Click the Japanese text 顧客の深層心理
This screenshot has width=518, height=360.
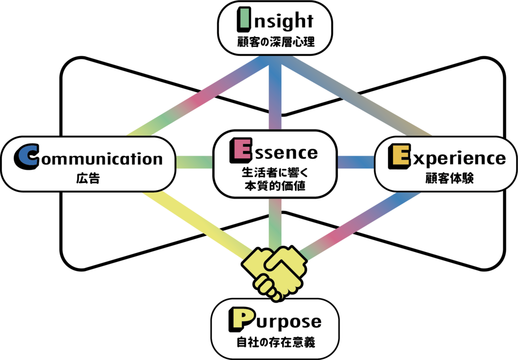[x=276, y=42]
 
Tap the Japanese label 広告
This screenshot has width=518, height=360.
[x=88, y=178]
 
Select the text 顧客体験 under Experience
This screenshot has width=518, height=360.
[x=449, y=178]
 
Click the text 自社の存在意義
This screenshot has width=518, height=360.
[x=276, y=342]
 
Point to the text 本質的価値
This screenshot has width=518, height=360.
[x=275, y=186]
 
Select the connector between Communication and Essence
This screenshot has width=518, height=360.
[x=194, y=162]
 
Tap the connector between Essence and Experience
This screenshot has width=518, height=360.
[x=356, y=162]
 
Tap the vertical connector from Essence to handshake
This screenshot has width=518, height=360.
[x=275, y=223]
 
